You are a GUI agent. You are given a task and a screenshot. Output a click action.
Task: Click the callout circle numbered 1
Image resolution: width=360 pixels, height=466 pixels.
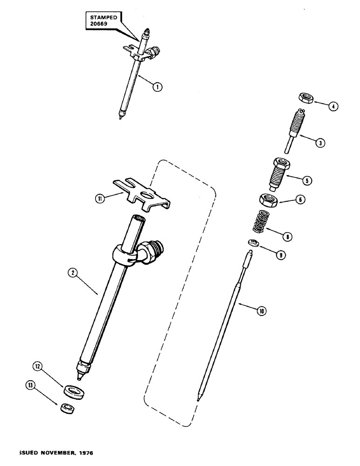pyautogui.click(x=158, y=86)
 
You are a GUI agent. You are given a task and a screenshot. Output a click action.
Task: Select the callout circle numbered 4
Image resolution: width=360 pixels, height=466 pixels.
pyautogui.click(x=333, y=106)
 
